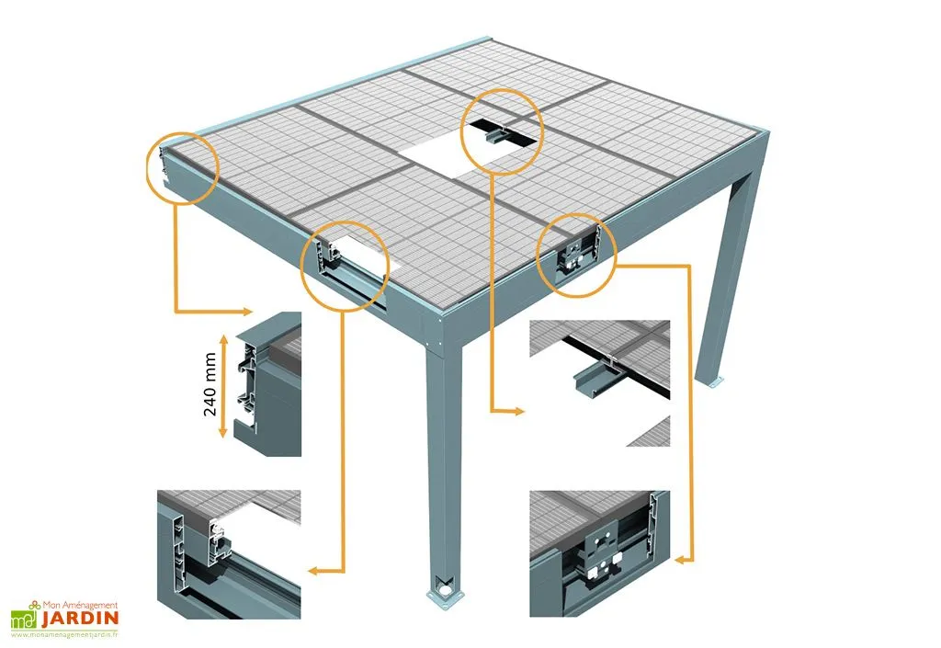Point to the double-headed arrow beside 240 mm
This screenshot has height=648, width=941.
click(223, 383)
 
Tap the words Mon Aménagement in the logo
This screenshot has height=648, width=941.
click(79, 605)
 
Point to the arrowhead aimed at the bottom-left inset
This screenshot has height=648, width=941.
click(313, 571)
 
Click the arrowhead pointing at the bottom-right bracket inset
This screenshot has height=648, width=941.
click(685, 557)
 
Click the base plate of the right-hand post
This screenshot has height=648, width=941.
click(713, 381)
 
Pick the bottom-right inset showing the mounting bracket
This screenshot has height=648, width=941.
click(599, 552)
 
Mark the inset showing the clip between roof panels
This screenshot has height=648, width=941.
click(599, 382)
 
